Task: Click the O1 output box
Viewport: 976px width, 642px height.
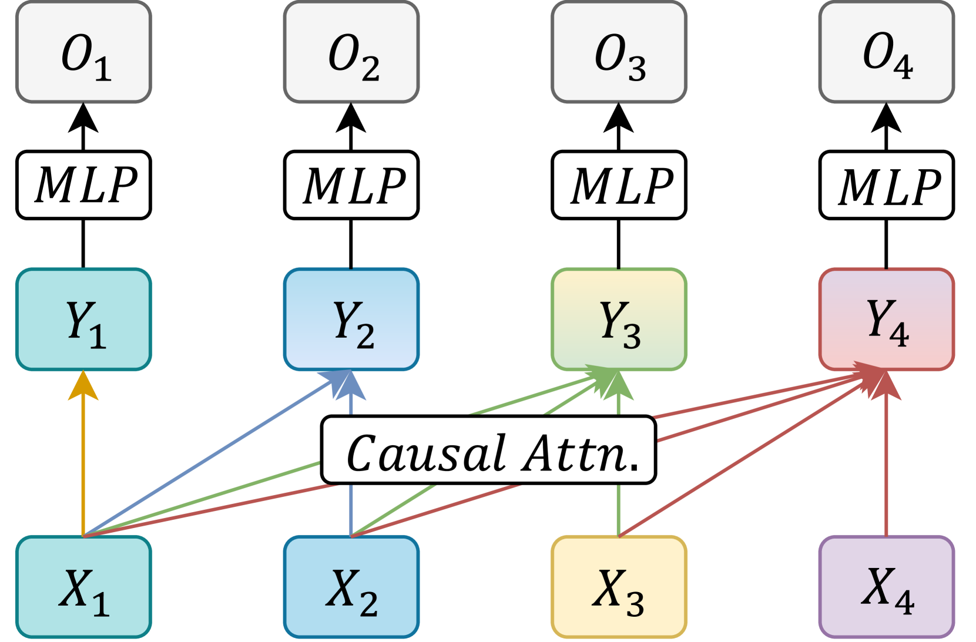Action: tap(83, 52)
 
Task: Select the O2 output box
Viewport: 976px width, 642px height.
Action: tap(351, 52)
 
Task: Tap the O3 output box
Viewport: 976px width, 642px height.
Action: tap(619, 52)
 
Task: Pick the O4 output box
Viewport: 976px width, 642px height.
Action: tap(886, 52)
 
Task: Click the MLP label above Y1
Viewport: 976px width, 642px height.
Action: tap(83, 185)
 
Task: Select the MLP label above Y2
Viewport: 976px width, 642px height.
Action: tap(351, 185)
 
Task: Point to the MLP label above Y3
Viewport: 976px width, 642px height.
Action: tap(619, 185)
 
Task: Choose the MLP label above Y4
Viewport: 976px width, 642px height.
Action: tap(886, 185)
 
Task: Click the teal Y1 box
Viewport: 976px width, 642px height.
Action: tap(83, 320)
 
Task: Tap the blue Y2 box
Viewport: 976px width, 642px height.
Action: tap(351, 320)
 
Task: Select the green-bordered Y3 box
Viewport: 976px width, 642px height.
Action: tap(619, 320)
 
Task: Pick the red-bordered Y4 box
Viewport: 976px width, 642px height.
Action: tap(886, 320)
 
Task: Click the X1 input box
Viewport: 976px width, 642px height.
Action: tap(83, 586)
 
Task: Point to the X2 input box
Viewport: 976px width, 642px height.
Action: tap(351, 586)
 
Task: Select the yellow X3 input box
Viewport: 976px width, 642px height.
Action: tap(619, 586)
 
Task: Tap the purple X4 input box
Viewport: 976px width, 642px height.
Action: tap(886, 586)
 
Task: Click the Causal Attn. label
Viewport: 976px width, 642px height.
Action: tap(488, 451)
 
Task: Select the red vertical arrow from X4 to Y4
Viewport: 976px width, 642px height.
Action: tap(886, 470)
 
